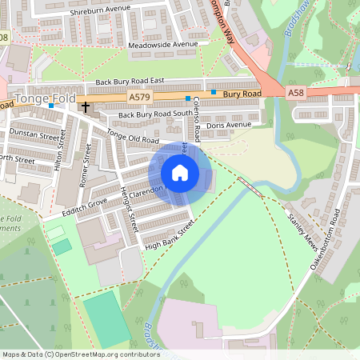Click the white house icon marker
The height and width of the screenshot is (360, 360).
pos(180,172)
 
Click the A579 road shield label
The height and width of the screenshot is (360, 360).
pos(138,96)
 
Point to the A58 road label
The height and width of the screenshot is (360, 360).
pos(295,93)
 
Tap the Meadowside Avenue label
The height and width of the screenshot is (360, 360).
pos(162,45)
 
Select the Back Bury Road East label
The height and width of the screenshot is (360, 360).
pos(130,82)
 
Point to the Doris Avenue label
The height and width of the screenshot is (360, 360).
pos(229,126)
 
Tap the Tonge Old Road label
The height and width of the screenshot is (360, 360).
pos(133,138)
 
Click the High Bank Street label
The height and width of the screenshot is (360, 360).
pos(170,236)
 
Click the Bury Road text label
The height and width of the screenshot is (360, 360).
pos(242,94)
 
